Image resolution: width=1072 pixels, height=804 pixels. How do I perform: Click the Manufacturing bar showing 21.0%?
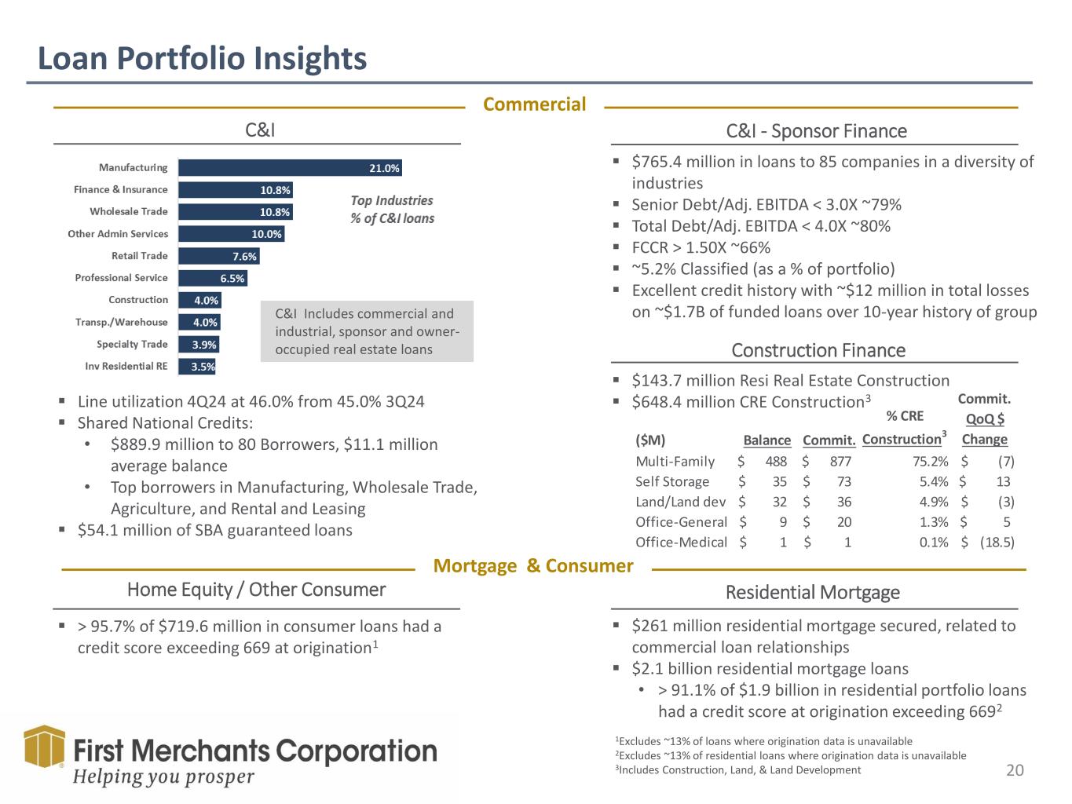[290, 168]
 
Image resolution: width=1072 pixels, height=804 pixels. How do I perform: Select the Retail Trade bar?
[219, 256]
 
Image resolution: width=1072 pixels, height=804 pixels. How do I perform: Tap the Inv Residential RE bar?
[197, 367]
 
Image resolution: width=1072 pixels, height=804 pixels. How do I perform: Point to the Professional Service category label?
[121, 278]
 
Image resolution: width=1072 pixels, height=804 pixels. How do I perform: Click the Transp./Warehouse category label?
[122, 322]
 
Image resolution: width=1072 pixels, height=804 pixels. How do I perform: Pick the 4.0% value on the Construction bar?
[206, 300]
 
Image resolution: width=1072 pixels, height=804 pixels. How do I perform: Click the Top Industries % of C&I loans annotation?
[392, 210]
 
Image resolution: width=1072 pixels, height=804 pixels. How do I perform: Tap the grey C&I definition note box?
[367, 331]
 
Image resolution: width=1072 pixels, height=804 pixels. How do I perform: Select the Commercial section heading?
[534, 104]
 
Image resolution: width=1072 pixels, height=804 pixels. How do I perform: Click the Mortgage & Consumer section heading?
[533, 566]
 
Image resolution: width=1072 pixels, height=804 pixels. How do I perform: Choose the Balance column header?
[766, 440]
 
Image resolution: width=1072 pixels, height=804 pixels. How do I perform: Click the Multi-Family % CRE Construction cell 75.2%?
[931, 462]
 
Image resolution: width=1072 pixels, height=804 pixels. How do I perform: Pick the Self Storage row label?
[672, 482]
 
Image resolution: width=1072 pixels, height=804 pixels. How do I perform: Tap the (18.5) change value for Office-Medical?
[997, 543]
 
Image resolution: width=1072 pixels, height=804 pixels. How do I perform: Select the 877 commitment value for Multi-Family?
[840, 462]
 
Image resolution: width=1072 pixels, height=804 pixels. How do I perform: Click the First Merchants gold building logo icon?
[45, 747]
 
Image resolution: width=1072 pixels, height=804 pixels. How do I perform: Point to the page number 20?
[1015, 770]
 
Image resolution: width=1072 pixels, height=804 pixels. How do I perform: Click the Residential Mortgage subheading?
[813, 593]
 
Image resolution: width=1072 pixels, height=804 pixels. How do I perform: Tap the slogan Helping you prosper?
[163, 777]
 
